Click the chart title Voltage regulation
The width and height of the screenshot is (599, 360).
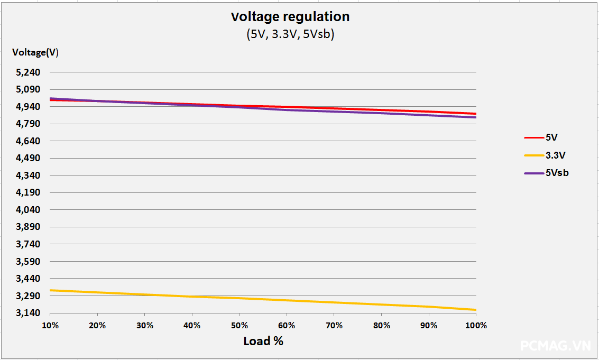point(290,17)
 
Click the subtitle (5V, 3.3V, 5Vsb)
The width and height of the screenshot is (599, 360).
point(290,35)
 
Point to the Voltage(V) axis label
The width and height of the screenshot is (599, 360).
point(35,52)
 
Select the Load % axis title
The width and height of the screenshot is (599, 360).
point(263,341)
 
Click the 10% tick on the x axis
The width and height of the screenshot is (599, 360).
point(50,326)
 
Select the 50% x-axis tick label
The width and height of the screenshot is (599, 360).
point(239,326)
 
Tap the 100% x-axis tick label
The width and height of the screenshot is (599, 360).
point(476,326)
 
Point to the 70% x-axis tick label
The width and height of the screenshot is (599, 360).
point(334,326)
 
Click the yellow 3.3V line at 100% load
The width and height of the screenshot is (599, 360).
point(475,310)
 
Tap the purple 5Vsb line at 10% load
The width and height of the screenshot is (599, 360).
point(51,98)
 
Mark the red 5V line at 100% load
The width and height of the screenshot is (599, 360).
point(475,114)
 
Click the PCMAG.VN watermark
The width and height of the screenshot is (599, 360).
point(555,346)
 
